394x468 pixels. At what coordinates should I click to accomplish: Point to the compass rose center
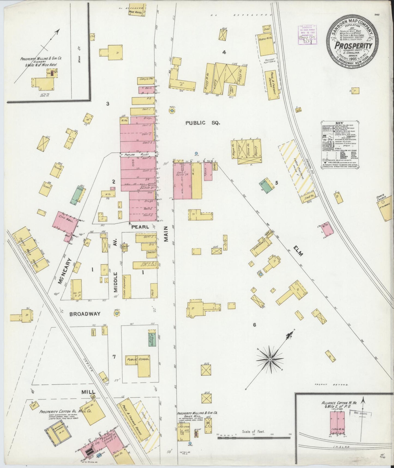coord(270,360)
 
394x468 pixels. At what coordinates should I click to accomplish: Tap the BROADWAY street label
coord(85,314)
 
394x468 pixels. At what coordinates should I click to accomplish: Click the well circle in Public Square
coord(172,111)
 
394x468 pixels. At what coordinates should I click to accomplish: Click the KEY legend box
coord(339,144)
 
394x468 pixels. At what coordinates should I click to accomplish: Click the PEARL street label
coord(140,227)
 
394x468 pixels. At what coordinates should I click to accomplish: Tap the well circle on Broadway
coord(117,314)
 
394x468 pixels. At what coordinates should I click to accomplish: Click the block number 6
coord(254,325)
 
